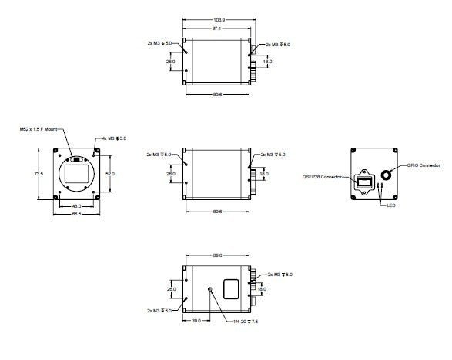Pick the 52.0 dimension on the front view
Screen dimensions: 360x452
[x=109, y=175]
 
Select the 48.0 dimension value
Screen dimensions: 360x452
[x=76, y=205]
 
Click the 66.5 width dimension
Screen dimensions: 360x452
[x=76, y=215]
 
